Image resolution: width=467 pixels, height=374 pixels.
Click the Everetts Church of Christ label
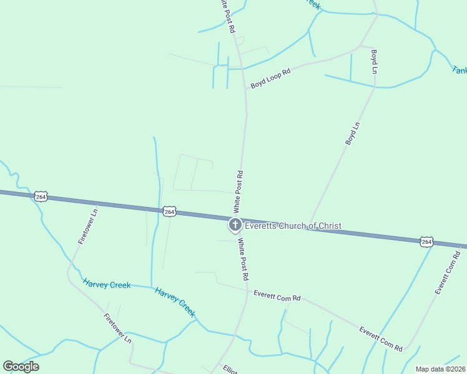293,226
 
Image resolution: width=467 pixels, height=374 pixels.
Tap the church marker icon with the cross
235,225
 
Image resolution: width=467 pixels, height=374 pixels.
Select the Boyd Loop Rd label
271,79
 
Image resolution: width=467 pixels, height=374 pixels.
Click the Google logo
21,366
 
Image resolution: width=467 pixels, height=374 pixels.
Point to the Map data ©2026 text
441,369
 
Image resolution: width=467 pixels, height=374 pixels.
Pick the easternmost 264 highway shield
426,241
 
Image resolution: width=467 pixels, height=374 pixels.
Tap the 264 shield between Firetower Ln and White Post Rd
169,212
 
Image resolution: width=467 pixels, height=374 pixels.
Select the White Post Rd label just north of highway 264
238,190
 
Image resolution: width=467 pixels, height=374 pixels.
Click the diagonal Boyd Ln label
353,134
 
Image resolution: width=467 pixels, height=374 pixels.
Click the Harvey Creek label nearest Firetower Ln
107,284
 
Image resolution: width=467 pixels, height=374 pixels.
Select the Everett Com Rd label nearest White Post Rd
277,295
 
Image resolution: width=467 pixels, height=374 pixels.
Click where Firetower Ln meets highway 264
97,203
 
